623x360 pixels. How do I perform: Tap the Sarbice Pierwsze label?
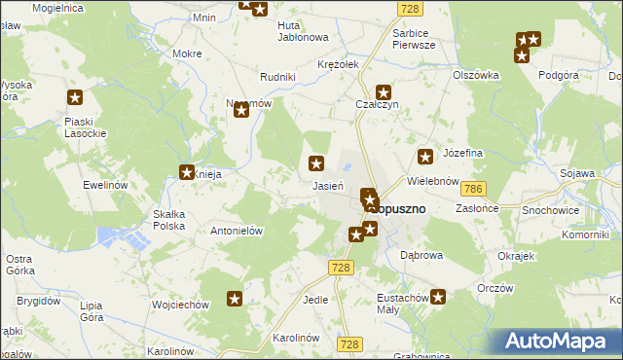point(413,38)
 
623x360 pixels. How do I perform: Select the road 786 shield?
point(474,187)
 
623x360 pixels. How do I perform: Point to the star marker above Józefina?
point(425,156)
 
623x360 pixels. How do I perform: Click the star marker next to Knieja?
point(187,173)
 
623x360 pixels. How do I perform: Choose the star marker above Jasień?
point(316,163)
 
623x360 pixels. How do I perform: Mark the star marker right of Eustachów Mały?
point(439,297)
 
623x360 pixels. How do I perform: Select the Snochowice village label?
point(578,209)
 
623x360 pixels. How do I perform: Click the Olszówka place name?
point(476,74)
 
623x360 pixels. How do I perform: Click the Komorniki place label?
point(585,234)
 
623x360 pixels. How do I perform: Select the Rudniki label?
point(277,76)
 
